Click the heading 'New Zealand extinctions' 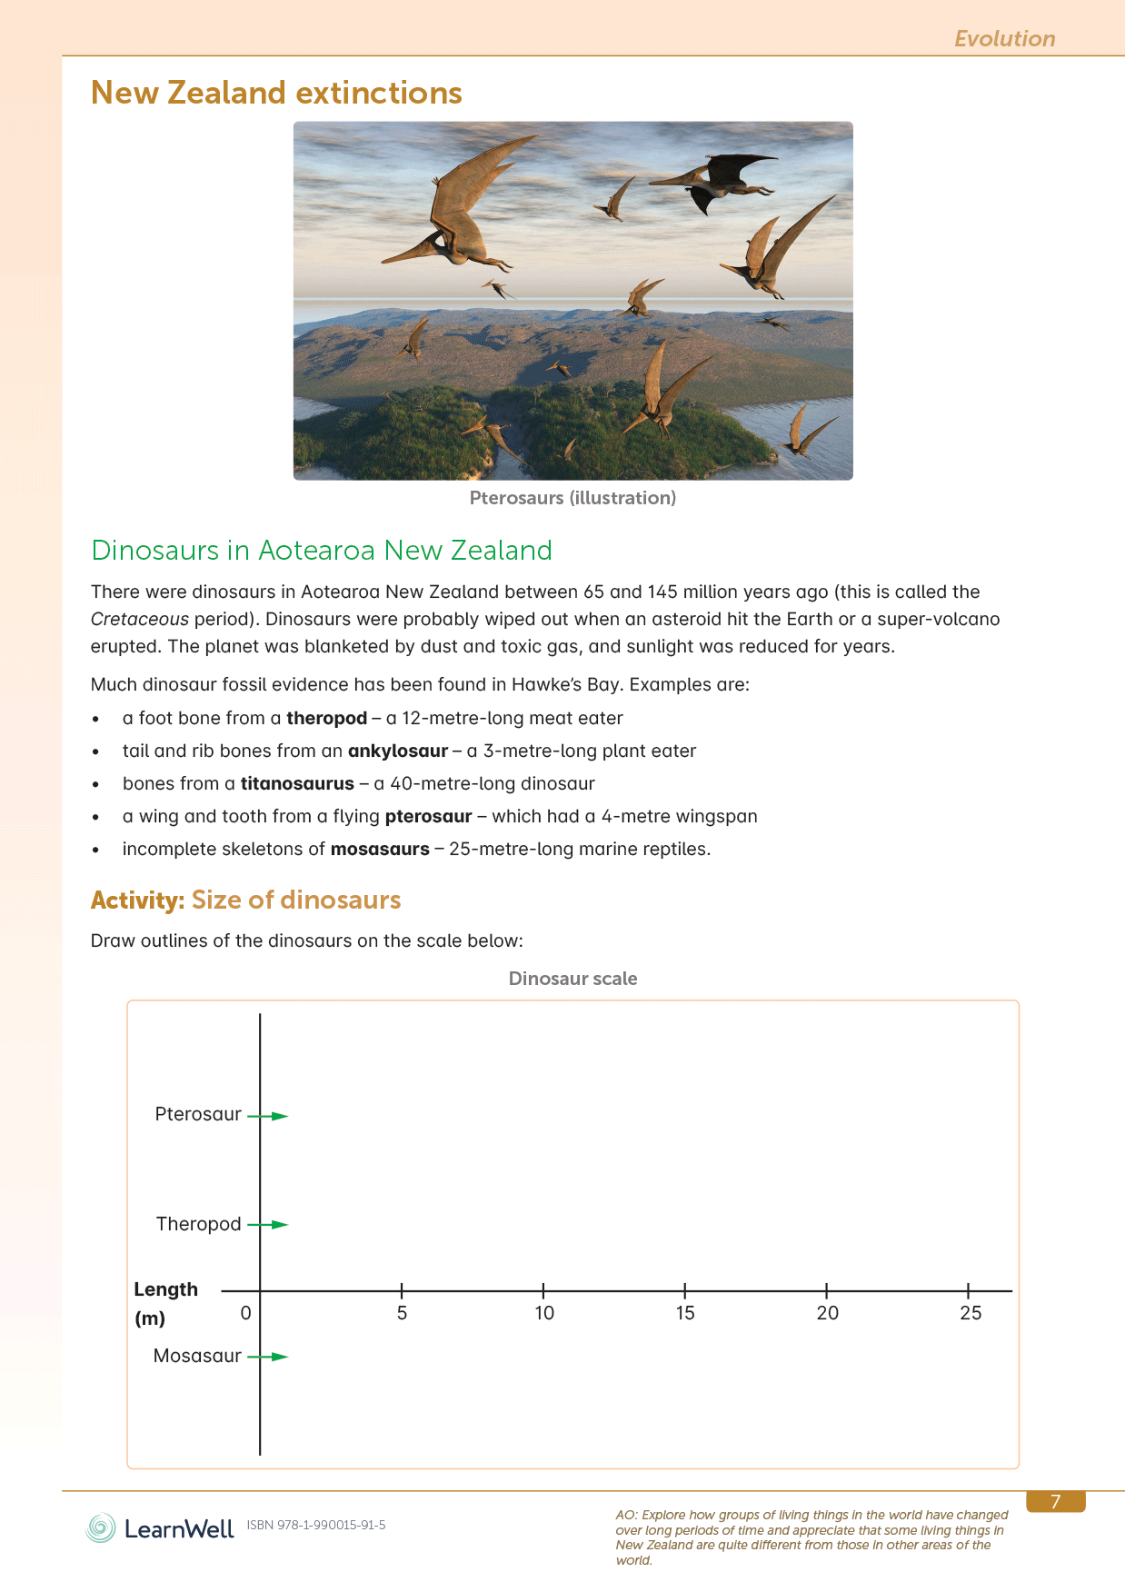point(276,93)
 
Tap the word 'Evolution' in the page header point(1004,39)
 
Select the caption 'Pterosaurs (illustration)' point(572,498)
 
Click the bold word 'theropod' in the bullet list point(326,718)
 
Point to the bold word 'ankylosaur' point(398,751)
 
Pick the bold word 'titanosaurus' point(297,783)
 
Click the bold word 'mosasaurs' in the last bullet point(380,849)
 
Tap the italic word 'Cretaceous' point(140,619)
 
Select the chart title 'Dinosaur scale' point(572,979)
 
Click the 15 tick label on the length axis point(685,1313)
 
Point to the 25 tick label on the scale point(971,1313)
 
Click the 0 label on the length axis point(245,1313)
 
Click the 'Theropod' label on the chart point(198,1224)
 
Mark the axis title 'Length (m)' point(164,1303)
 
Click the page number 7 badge point(1055,1502)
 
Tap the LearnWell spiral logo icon point(101,1528)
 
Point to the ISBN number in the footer point(316,1525)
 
